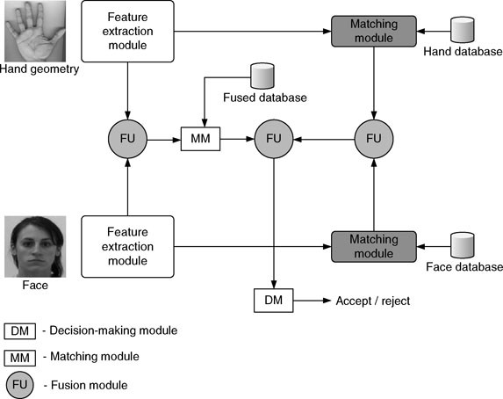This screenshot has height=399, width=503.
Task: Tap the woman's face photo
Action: [32, 247]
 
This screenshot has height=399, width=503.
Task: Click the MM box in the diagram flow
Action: [201, 138]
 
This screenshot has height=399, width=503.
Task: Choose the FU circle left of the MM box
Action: [128, 138]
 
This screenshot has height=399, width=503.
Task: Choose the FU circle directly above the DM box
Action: [274, 138]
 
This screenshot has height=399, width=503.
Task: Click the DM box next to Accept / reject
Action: [274, 301]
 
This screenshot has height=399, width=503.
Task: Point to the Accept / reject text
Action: [372, 301]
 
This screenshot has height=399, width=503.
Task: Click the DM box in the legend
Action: [22, 331]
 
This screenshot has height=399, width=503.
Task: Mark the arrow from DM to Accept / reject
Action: [311, 301]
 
